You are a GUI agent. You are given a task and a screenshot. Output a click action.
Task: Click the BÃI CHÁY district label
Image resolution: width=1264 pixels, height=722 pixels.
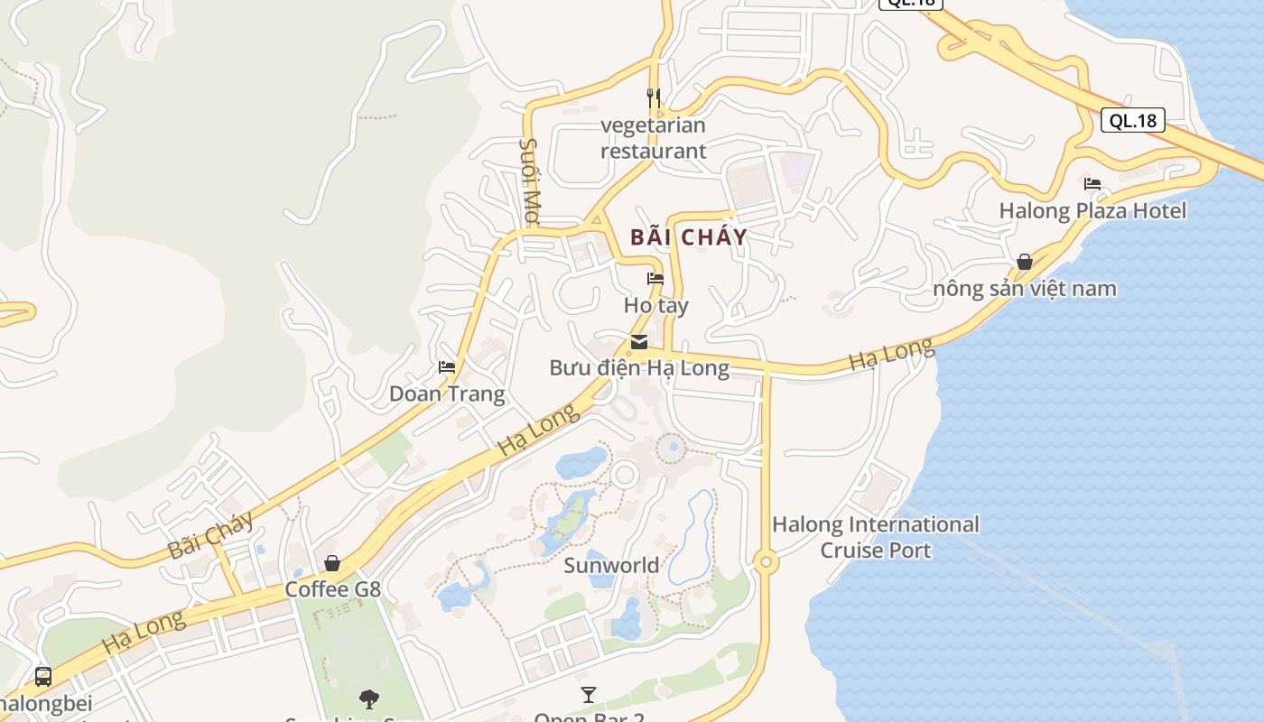point(689,237)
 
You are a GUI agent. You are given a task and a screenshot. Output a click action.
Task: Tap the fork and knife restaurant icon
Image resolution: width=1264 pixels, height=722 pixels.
point(654,97)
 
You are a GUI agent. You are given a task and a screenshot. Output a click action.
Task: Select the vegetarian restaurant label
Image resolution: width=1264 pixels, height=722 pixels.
point(654,138)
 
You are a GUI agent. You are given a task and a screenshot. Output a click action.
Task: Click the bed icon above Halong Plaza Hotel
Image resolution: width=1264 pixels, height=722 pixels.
point(1092,184)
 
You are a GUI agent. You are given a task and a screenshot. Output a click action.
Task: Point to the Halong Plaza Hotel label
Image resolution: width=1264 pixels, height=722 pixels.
point(1092,211)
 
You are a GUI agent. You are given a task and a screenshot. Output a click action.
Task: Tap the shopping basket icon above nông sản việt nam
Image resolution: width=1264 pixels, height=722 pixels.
point(1025,262)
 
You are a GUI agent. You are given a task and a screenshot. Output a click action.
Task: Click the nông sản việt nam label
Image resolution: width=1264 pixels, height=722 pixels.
point(1025,289)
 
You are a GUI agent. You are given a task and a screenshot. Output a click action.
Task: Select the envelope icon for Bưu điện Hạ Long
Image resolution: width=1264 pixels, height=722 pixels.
point(639,342)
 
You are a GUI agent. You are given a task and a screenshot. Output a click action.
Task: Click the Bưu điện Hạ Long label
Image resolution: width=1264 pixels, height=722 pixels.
point(639,368)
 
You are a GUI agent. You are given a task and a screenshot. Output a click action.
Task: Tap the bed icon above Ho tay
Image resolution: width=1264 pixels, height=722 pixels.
point(655,279)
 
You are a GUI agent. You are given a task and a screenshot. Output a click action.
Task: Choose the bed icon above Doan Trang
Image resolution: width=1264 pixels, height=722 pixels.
point(447,367)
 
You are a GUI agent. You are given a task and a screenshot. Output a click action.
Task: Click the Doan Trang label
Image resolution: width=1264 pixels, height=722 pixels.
point(447,393)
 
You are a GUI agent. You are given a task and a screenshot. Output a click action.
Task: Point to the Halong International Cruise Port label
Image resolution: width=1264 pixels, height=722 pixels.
point(876,537)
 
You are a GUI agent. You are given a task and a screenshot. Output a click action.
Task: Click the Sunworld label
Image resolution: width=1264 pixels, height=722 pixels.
point(611,566)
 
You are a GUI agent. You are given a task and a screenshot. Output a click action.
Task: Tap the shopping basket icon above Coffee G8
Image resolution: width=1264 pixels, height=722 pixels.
point(332,563)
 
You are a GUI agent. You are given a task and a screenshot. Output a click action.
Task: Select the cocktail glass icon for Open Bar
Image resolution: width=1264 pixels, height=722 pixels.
point(589,694)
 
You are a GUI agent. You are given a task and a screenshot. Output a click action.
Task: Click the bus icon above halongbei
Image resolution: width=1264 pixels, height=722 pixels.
point(42,676)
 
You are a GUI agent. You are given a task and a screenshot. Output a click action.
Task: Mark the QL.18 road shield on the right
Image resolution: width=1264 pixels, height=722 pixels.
point(1133,120)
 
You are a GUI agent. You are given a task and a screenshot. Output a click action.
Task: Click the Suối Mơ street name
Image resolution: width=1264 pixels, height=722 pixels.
point(530,181)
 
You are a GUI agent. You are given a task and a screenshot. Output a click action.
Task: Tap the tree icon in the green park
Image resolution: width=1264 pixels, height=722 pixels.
point(368,698)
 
